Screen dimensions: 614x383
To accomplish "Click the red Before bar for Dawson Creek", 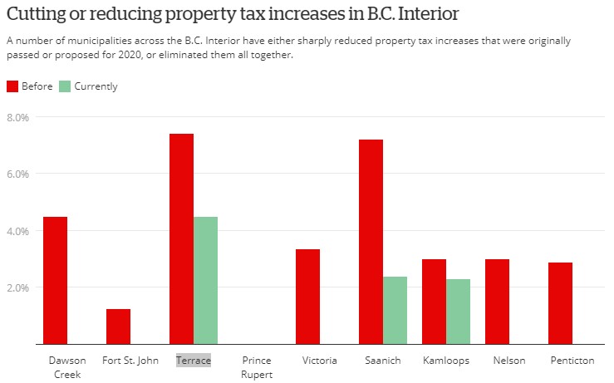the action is pyautogui.click(x=55, y=281).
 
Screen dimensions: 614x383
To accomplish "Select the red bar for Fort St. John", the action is pyautogui.click(x=118, y=327).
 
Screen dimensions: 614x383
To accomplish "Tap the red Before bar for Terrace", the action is pyautogui.click(x=181, y=239).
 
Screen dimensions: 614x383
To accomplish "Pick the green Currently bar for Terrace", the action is pyautogui.click(x=205, y=281).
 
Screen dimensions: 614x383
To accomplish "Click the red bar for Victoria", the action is pyautogui.click(x=307, y=297).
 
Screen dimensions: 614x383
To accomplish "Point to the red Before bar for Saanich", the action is pyautogui.click(x=371, y=242).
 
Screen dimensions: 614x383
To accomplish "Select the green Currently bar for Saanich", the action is pyautogui.click(x=395, y=311).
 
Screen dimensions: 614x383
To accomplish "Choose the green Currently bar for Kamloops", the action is pyautogui.click(x=458, y=312).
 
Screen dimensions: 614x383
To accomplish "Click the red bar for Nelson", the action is pyautogui.click(x=498, y=302).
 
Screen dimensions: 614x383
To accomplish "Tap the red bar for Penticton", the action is pyautogui.click(x=560, y=303).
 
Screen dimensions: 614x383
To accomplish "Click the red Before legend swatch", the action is pyautogui.click(x=12, y=86).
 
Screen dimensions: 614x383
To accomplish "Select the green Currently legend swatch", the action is pyautogui.click(x=65, y=86).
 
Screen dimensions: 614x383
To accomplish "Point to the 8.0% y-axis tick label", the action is pyautogui.click(x=17, y=117).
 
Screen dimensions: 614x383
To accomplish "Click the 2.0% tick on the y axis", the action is pyautogui.click(x=17, y=287).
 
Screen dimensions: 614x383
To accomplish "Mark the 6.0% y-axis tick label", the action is pyautogui.click(x=17, y=174).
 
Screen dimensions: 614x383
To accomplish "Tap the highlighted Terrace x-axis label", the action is pyautogui.click(x=194, y=361).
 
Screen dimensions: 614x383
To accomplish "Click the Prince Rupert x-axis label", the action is pyautogui.click(x=257, y=367).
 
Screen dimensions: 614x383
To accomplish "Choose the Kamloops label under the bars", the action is pyautogui.click(x=446, y=361).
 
